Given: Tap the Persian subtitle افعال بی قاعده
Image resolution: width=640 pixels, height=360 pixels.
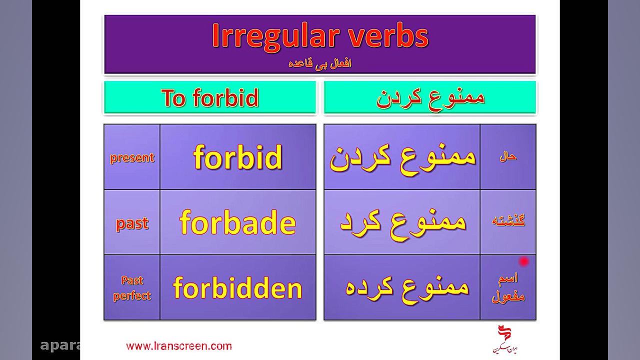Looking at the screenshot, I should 320,64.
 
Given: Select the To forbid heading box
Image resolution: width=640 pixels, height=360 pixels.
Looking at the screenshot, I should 210,97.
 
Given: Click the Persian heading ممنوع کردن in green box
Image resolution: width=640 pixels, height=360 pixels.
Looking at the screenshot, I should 430,97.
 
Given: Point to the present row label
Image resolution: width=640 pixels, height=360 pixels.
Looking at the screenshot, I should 132,157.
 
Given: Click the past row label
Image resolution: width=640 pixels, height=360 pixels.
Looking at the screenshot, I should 132,223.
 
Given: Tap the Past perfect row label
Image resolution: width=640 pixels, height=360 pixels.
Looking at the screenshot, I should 132,288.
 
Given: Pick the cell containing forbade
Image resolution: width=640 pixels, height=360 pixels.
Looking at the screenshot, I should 238,222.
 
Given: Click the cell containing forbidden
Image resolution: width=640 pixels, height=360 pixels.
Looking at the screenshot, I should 238,288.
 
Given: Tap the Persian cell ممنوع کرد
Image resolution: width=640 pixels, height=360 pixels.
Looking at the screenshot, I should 402,222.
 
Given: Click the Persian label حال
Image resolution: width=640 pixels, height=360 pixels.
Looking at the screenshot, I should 508,156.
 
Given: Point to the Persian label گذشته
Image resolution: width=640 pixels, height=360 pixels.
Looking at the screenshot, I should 508,221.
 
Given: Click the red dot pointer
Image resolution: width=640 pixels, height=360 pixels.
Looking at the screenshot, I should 524,261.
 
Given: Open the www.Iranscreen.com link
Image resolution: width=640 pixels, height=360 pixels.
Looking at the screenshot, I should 179,346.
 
